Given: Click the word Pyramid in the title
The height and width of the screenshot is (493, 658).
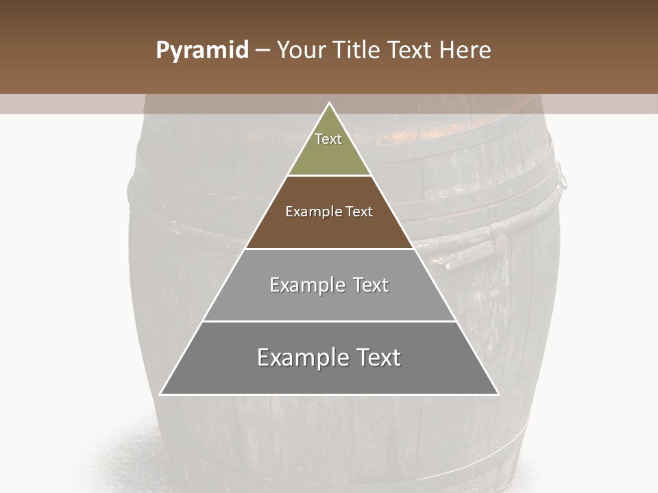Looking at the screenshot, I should coord(202,51).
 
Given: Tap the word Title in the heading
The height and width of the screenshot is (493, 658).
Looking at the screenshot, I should coord(360,51).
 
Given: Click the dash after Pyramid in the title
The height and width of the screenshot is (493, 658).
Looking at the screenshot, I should coord(263,51).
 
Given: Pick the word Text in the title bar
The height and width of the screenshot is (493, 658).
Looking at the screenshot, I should coord(412,51).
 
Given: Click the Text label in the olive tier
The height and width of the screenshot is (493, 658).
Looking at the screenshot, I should coord(328,139).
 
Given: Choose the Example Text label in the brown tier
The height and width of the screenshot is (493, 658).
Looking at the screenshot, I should coord(329,212).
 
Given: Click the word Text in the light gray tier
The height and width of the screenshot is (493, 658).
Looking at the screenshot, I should coord(371,285).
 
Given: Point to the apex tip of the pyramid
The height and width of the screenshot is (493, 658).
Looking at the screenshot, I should coord(329,104).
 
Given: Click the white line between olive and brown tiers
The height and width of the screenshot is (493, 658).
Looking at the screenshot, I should coord(329,175).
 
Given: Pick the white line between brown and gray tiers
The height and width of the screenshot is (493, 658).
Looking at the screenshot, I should coord(329,249).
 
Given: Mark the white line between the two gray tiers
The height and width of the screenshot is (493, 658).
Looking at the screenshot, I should coord(329,321).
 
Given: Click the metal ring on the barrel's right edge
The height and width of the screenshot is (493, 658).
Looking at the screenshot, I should coord(561,177).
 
